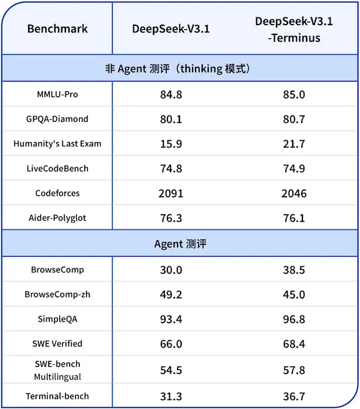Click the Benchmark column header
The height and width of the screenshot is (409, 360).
(57, 29)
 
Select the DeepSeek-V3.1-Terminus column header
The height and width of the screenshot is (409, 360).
(294, 29)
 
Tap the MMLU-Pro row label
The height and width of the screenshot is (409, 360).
(57, 94)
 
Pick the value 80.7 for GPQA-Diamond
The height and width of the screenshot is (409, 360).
(294, 119)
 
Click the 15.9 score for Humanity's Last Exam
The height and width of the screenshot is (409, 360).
(171, 144)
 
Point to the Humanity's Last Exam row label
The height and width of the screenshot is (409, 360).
(57, 144)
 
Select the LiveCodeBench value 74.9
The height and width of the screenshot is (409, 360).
(294, 169)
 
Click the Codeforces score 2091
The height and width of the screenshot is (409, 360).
(171, 193)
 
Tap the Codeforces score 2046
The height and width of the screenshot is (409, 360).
(294, 193)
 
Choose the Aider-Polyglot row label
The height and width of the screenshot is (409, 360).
(57, 218)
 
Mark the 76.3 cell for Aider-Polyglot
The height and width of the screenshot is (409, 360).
(171, 218)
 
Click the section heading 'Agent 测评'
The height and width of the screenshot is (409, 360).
(180, 244)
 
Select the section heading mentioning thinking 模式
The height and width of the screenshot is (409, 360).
(180, 68)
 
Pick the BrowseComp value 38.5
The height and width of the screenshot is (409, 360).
(294, 270)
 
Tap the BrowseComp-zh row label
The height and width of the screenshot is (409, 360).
(57, 294)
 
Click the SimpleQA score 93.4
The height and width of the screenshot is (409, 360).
(171, 319)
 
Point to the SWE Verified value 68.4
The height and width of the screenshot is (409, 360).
(294, 344)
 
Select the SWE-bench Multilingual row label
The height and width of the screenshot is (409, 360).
(57, 370)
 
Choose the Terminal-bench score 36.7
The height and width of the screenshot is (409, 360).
(294, 396)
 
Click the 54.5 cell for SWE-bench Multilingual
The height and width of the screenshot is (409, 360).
(171, 370)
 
